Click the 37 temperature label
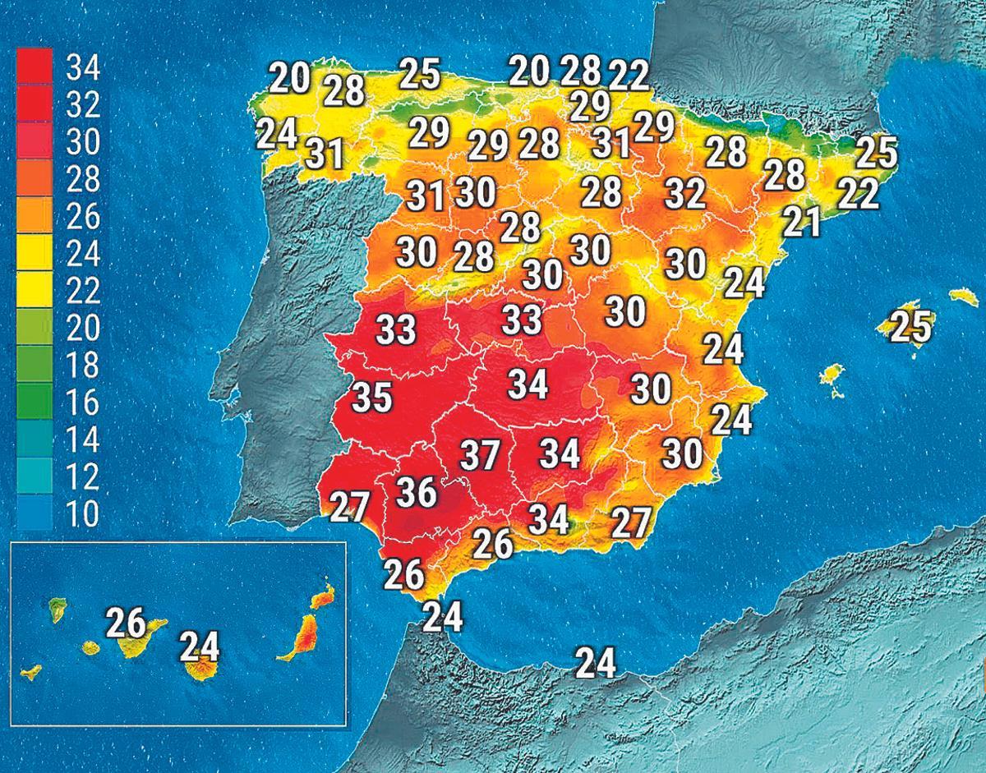coord(480,455)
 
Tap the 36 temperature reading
coord(417,492)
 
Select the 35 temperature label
coord(373,398)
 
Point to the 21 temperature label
coord(801,222)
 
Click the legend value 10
coord(81,514)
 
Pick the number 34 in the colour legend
coord(81,67)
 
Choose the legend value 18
coord(81,365)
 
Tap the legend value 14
coord(81,439)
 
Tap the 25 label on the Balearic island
coord(911,326)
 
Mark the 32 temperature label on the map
coord(685,194)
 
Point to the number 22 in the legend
coord(81,291)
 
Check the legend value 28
coord(81,179)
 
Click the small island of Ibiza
coord(832,375)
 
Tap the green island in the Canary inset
coord(58,608)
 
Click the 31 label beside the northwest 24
coord(326,153)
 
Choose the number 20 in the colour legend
coord(81,328)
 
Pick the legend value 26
coord(81,216)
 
